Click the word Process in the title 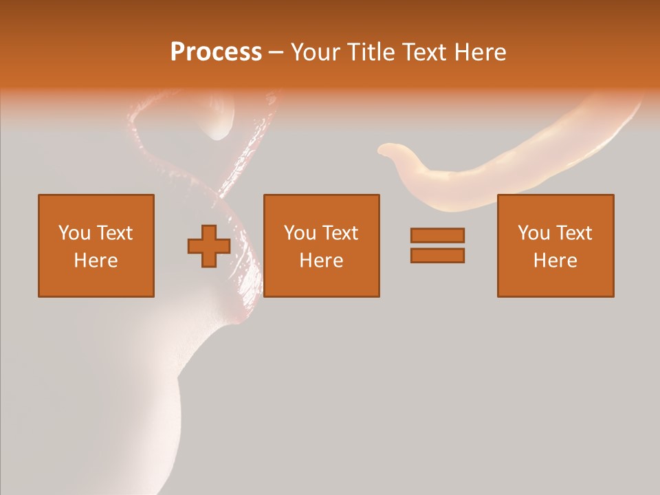tap(216, 52)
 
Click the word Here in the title tap(481, 52)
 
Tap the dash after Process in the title tap(276, 53)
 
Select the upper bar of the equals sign tap(437, 235)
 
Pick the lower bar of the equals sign tap(437, 256)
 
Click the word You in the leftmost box tap(74, 233)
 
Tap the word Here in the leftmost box tap(96, 261)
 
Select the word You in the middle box tap(300, 233)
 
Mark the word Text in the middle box tap(340, 233)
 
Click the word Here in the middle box tap(321, 261)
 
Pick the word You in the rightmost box tap(533, 233)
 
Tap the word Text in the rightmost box tap(573, 233)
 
